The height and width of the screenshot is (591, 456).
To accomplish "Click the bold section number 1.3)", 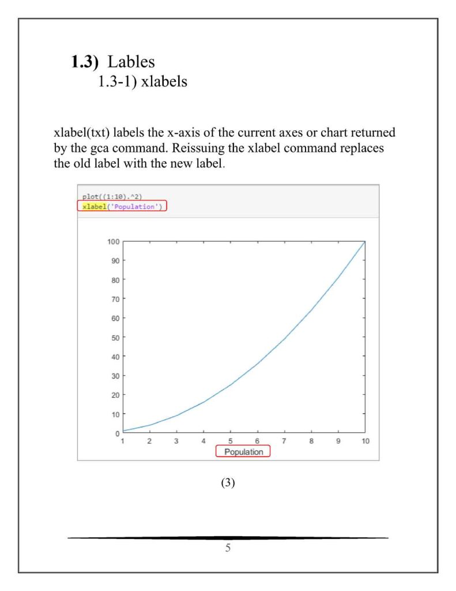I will [x=86, y=61].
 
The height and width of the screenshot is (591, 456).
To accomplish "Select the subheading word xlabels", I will [x=164, y=81].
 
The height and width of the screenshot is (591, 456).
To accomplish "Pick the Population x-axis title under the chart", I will [x=243, y=452].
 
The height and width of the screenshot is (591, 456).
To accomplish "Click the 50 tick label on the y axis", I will [x=114, y=337].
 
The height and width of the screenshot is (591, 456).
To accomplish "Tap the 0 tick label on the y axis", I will [x=117, y=433].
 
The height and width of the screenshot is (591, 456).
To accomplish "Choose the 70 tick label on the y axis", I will [x=114, y=299].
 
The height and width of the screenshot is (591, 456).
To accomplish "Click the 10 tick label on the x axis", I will [x=365, y=442].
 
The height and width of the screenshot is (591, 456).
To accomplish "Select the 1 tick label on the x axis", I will [x=122, y=442].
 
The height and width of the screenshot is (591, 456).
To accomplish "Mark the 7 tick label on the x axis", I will [x=284, y=442].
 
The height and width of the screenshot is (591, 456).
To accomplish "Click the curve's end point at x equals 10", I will [x=365, y=242].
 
